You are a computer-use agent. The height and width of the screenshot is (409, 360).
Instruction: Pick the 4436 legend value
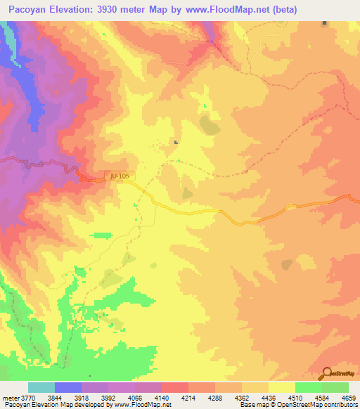coord(267,397)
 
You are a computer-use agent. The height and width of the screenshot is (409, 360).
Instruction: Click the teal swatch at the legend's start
coord(41,387)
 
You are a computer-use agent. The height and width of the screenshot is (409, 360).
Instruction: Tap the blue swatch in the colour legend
coord(67,387)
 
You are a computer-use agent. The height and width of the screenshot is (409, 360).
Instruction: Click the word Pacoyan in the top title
coord(28,9)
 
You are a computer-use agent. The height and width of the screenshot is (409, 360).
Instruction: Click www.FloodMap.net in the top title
coord(231,9)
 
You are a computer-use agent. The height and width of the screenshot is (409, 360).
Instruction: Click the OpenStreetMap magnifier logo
coord(326,374)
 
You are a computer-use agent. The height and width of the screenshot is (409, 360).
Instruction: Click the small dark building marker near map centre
coord(175,143)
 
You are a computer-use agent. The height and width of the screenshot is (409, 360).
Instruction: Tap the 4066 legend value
coord(139,397)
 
